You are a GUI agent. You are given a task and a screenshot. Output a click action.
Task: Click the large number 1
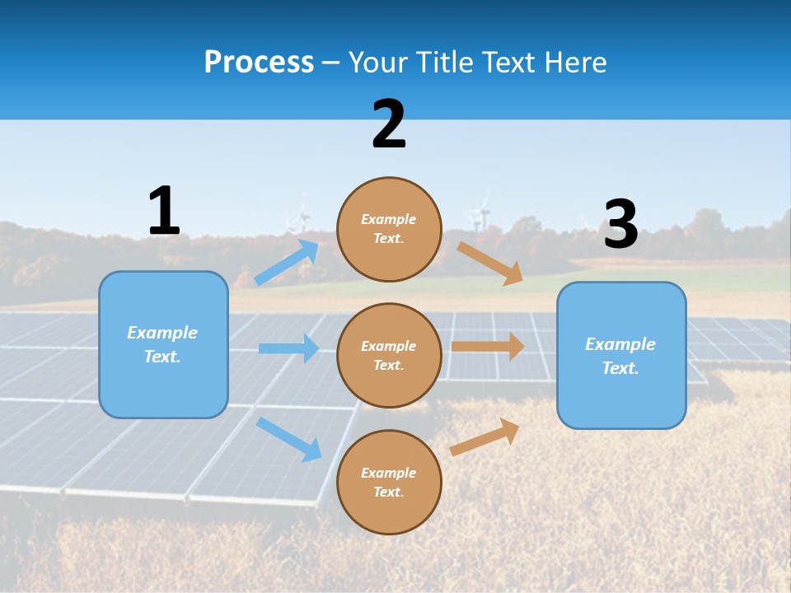[x=164, y=212]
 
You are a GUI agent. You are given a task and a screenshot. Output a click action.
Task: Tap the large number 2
[x=389, y=124]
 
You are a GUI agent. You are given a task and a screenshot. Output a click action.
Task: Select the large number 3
[x=620, y=225]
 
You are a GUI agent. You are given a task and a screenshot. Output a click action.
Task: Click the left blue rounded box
[x=163, y=344]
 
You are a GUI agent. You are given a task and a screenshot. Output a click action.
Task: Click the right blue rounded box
[x=621, y=355]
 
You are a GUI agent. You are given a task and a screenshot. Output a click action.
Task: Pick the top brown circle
[x=389, y=229]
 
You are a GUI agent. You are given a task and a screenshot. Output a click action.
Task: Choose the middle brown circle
[x=389, y=355]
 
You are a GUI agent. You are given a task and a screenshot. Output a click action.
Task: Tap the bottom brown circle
[x=389, y=482]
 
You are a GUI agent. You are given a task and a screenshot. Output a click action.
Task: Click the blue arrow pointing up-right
[x=288, y=262]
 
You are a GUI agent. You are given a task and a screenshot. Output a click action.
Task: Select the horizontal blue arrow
[x=288, y=348]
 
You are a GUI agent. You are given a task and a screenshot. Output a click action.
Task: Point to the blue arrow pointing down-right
[x=288, y=439]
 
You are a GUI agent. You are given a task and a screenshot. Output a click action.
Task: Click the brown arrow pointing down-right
[x=490, y=264]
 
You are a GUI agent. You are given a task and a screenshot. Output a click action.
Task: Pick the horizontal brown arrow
[x=488, y=346]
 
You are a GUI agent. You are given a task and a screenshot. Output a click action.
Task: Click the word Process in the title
[x=259, y=62]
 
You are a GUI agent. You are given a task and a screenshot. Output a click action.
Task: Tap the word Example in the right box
[x=620, y=344]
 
